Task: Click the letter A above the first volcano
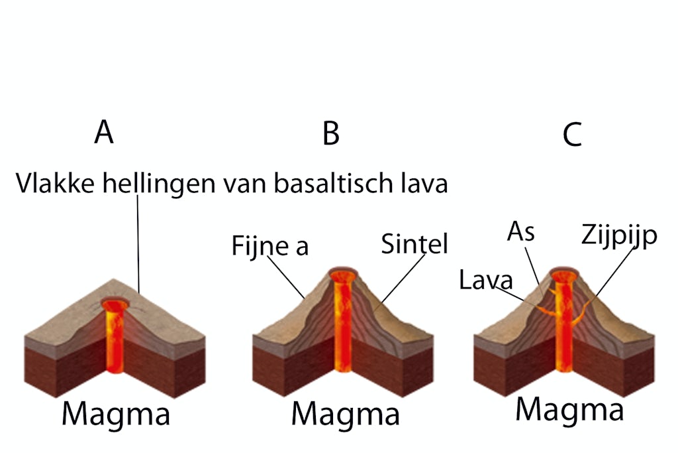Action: coord(104,133)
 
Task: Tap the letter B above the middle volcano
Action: coord(331,133)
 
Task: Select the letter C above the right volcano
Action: coord(572,135)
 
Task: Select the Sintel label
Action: coord(414,245)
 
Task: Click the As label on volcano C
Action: coord(520,232)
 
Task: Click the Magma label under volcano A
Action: coord(116,415)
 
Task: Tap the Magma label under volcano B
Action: coord(346,415)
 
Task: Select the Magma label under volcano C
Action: coord(569,410)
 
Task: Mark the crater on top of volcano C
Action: coord(564,275)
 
